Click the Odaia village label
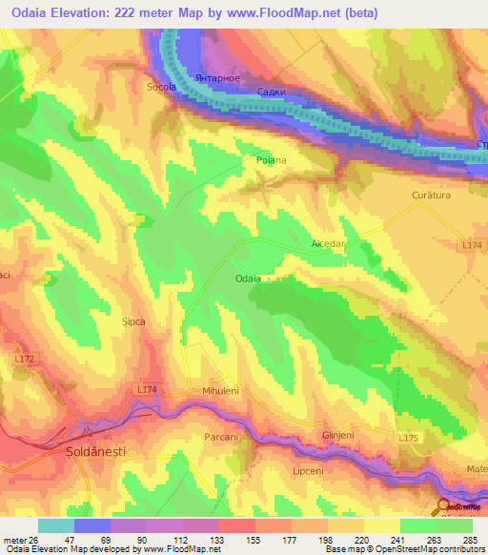pyautogui.click(x=248, y=277)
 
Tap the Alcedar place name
pyautogui.click(x=327, y=244)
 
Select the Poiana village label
pyautogui.click(x=272, y=161)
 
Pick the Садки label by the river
pyautogui.click(x=274, y=92)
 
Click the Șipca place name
pyautogui.click(x=132, y=322)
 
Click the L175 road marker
pyautogui.click(x=409, y=437)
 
